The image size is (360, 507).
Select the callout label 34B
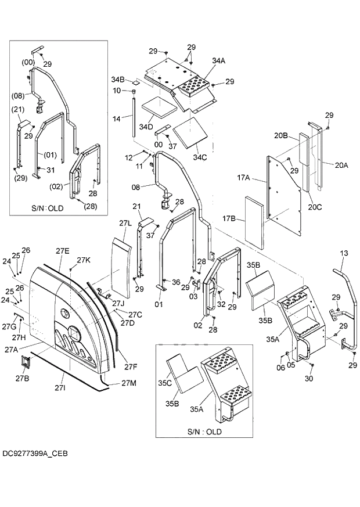tap(118, 79)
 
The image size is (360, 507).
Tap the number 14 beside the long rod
tap(116, 118)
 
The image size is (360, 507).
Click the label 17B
tap(229, 219)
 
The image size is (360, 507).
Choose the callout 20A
tap(341, 165)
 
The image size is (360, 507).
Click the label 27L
tap(125, 223)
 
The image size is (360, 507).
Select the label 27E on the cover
tap(62, 250)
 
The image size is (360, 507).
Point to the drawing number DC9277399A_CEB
tap(35, 452)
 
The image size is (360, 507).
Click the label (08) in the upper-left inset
tap(19, 96)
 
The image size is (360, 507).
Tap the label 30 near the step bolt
tap(309, 379)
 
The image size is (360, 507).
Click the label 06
tap(281, 367)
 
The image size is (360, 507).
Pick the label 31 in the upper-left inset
tap(50, 170)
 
